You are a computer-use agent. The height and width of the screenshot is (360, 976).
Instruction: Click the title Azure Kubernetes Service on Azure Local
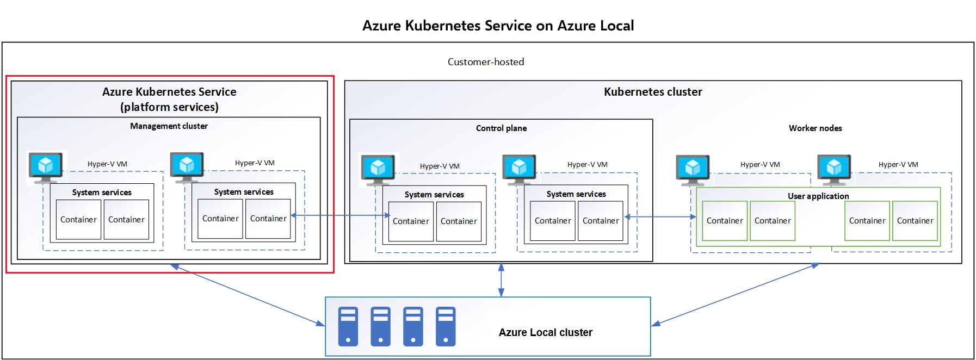[498, 26]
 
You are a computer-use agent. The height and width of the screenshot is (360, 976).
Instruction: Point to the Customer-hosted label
[486, 62]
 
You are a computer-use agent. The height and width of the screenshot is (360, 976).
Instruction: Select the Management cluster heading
[169, 126]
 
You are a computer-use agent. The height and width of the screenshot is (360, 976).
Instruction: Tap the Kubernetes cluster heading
[653, 92]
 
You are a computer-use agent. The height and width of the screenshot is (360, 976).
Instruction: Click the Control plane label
[501, 128]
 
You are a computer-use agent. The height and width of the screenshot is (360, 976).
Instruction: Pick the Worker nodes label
[815, 128]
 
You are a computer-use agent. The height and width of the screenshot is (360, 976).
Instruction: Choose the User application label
[818, 196]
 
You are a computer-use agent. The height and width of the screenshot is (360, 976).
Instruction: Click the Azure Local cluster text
[545, 332]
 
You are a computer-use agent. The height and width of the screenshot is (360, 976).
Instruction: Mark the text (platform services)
[169, 107]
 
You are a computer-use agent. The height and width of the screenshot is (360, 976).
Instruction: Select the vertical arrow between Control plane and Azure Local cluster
[501, 280]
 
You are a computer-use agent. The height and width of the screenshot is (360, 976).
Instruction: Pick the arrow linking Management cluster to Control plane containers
[341, 215]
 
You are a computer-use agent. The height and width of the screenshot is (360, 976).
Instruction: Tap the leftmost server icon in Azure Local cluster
[348, 326]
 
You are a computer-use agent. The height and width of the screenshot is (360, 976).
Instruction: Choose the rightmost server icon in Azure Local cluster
[446, 326]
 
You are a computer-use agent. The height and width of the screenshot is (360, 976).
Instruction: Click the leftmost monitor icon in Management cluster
[46, 166]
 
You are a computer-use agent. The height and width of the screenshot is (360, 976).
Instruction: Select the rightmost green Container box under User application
[915, 221]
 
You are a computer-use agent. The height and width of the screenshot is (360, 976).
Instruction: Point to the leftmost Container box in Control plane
[411, 221]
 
